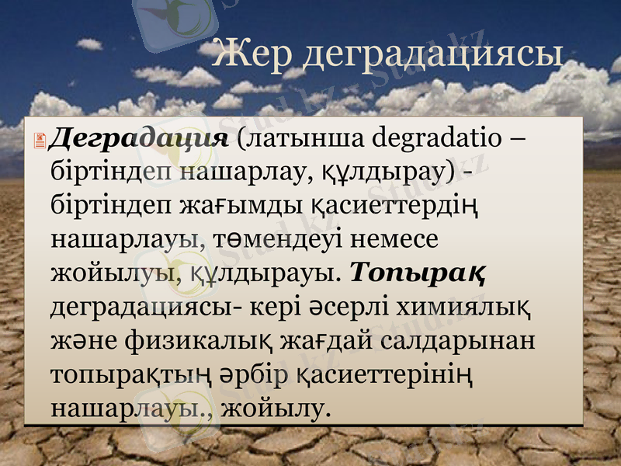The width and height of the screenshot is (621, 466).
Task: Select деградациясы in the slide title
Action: (x=431, y=54)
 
